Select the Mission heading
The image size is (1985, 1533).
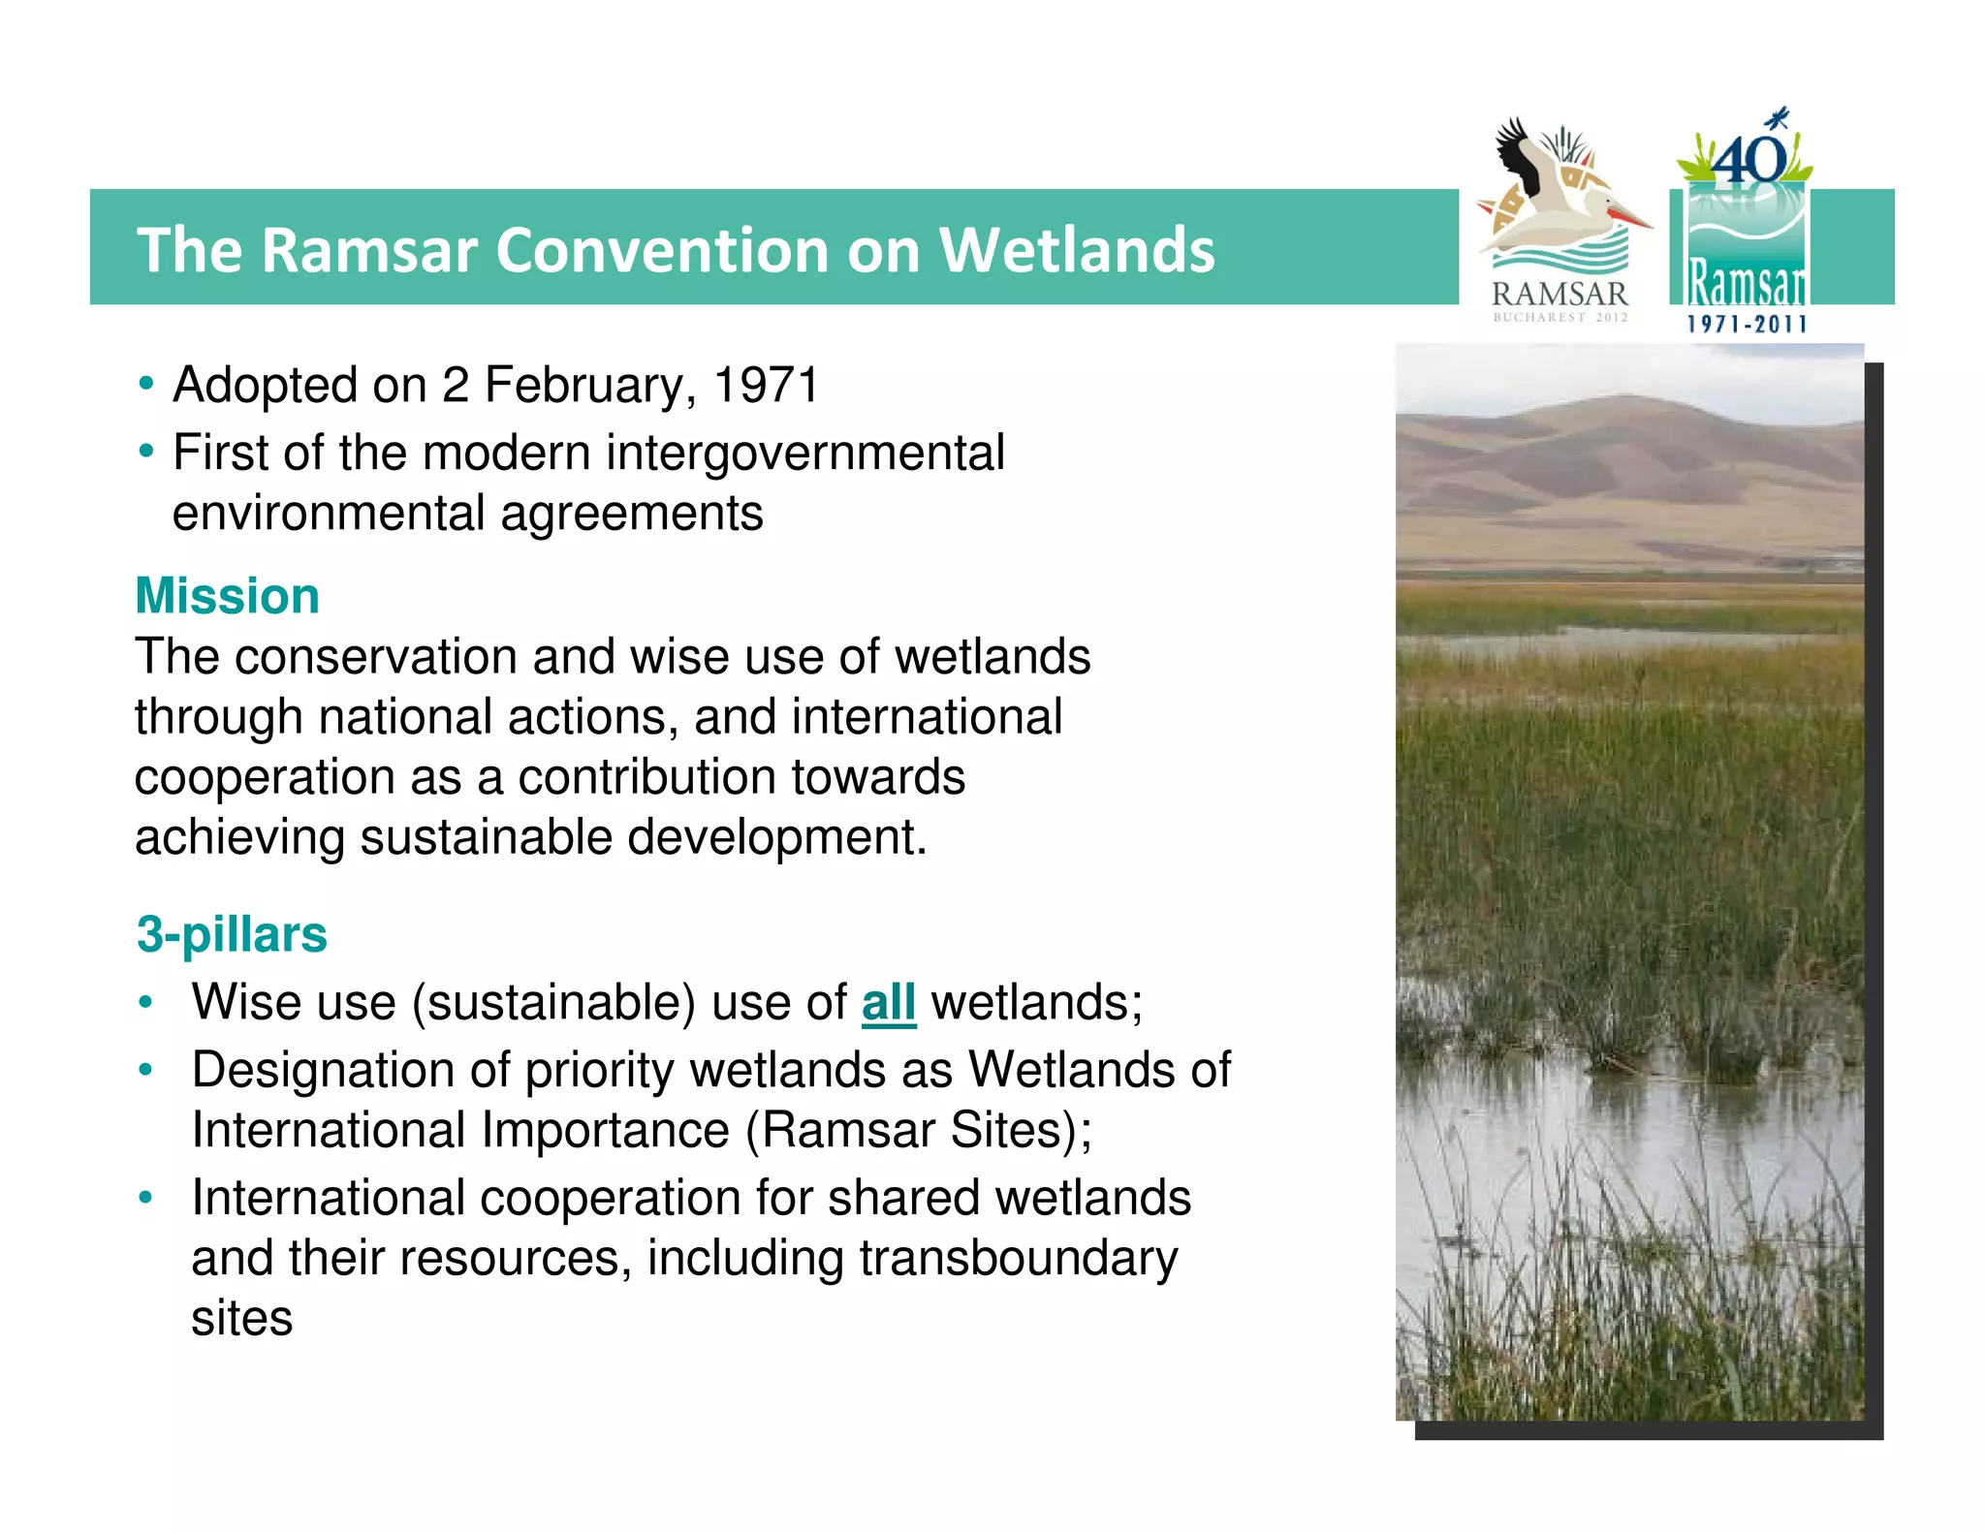point(227,595)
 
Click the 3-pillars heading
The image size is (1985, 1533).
point(232,934)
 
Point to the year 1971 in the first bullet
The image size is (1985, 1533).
point(766,385)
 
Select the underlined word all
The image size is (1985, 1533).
point(888,1002)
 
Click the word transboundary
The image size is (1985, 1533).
point(1018,1258)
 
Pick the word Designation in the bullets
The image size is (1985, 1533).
point(323,1070)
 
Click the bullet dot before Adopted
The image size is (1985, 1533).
point(145,384)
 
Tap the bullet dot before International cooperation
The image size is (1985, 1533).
point(145,1198)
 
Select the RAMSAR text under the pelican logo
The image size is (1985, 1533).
point(1559,293)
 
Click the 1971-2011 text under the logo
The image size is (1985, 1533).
point(1747,324)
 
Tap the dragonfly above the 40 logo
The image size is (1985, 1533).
point(1778,120)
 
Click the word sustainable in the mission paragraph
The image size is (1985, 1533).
point(486,836)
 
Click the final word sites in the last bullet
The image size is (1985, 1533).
point(241,1318)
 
